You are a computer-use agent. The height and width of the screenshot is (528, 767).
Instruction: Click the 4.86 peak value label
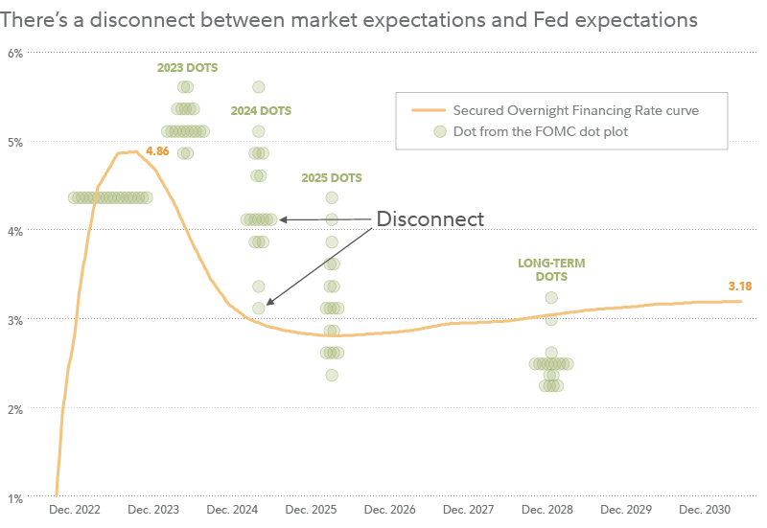coord(157,151)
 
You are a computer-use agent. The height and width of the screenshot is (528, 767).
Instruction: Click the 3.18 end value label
coord(740,286)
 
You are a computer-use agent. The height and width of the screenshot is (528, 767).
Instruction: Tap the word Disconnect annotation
coord(430,218)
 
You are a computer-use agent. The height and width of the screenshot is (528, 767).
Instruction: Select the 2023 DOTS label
coord(187,68)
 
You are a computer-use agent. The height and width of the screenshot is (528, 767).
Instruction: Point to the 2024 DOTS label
coord(261,111)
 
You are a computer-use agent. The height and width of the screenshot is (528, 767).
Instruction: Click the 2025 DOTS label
coord(332,178)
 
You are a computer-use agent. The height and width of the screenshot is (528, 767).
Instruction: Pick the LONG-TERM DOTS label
coord(551,269)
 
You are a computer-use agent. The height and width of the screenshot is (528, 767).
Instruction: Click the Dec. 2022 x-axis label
coord(76,511)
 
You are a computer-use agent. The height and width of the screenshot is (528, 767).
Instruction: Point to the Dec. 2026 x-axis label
coord(389,511)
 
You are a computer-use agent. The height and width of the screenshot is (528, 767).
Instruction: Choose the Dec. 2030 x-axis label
coord(705,511)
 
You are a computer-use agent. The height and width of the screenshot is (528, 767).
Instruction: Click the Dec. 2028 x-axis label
coord(547,511)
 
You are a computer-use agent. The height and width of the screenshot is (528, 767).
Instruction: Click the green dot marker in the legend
coord(439,131)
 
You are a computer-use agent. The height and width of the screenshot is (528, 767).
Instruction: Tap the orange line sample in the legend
coord(429,110)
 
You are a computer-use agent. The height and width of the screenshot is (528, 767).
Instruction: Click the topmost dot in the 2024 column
coord(258,88)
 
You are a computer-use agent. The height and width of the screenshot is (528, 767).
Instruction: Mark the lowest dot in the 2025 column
coord(332,375)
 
